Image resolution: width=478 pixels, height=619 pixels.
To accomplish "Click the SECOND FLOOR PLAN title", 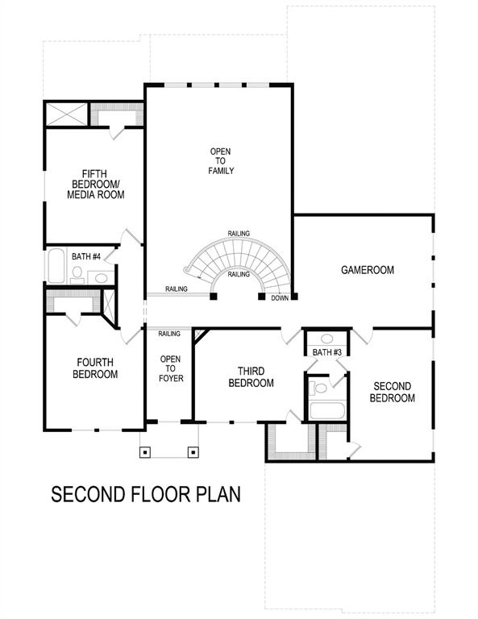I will pos(146,494).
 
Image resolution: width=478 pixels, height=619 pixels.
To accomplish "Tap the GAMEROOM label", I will pos(367,270).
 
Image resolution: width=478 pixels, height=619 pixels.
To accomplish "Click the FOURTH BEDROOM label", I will pos(97,368).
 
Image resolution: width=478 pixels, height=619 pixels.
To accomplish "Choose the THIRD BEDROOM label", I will pos(251,377).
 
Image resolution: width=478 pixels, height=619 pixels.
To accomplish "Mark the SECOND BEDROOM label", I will pos(392,393).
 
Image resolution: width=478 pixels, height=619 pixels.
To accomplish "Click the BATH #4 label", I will pos(86,256).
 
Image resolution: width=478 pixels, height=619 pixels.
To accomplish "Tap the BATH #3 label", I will pos(327,352).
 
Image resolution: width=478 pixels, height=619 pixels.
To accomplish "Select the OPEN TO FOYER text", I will pos(170,368).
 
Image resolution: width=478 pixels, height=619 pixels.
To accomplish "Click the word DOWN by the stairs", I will pos(280,297).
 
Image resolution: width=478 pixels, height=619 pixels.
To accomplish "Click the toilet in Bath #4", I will pos(77,274).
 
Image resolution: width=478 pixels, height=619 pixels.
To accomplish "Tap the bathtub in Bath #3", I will pos(326,410).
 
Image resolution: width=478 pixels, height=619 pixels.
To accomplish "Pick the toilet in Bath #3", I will pos(320,388).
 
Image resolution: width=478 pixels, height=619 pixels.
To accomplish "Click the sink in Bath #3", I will pos(326,339).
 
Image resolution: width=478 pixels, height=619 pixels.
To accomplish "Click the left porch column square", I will pos(145,451).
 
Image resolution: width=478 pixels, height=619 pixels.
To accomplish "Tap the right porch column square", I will pos(193,451).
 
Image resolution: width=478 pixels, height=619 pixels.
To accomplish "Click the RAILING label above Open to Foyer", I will pos(169,334).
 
